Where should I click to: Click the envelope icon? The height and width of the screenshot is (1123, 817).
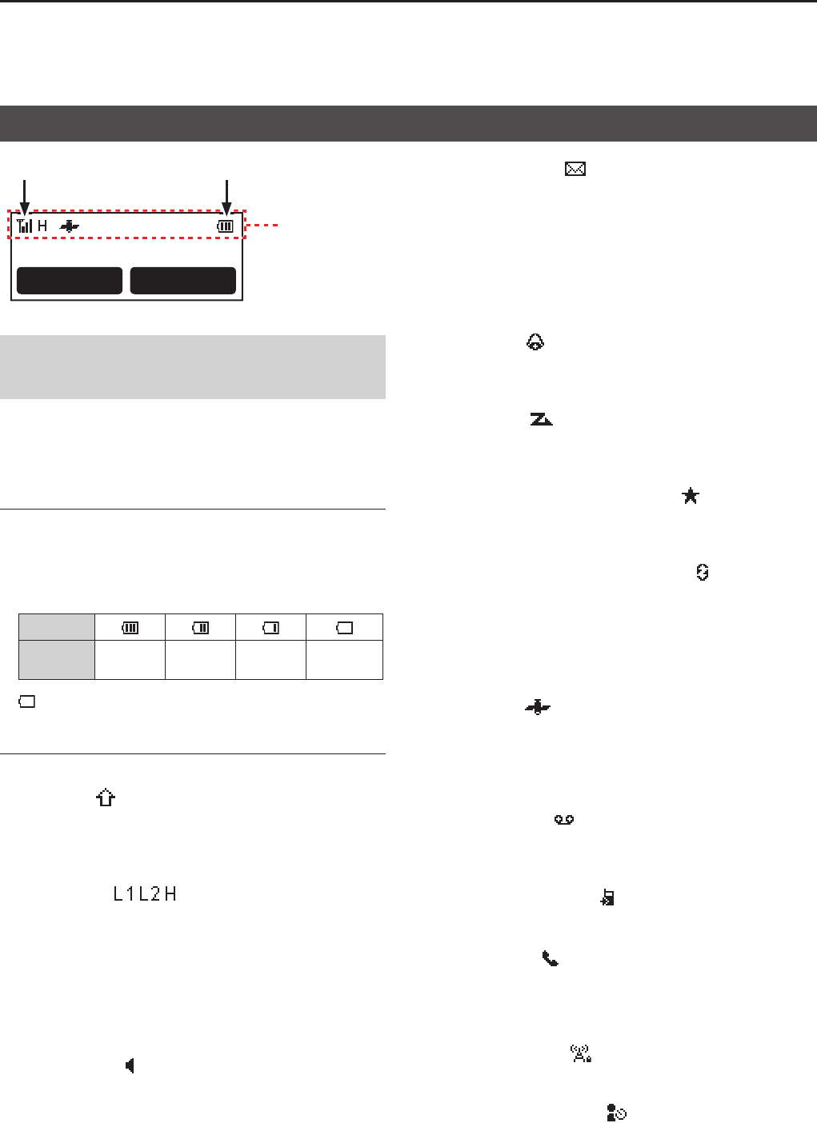[x=575, y=169]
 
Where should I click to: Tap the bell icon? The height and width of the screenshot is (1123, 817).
[x=535, y=342]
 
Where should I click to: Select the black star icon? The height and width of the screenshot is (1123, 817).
[x=690, y=496]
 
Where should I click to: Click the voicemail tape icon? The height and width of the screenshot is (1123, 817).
[x=563, y=819]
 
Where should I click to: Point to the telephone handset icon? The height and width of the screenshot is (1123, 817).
[x=550, y=958]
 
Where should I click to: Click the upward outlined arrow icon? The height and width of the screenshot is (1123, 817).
[x=106, y=797]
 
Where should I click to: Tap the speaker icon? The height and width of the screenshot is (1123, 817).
[x=130, y=1065]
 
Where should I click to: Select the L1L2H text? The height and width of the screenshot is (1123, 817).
[x=145, y=893]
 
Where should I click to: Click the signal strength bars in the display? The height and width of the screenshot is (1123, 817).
[x=24, y=226]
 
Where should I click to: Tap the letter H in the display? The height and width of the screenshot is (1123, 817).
[x=42, y=226]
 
